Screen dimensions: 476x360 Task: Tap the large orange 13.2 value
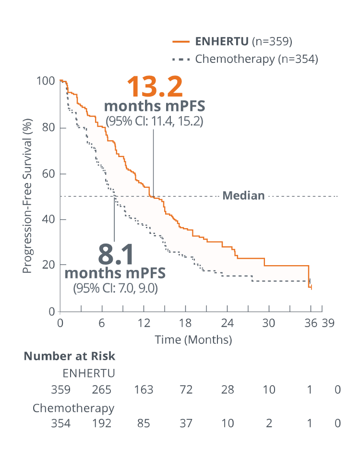155,87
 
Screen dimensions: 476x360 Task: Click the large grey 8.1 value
116,256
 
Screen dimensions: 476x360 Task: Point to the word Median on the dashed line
244,195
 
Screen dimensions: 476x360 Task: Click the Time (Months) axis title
193,340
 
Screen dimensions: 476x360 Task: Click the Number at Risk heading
70,356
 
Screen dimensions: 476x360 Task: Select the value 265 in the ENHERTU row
102,389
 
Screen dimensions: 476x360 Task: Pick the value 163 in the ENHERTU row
144,389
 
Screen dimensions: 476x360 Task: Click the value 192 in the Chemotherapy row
102,423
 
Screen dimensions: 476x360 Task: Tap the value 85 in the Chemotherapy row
144,423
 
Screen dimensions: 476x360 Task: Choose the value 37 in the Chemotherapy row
186,423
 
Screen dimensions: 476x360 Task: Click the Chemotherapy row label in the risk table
73,408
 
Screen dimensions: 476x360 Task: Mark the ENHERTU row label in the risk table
89,373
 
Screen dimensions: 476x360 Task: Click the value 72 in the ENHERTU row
186,389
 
